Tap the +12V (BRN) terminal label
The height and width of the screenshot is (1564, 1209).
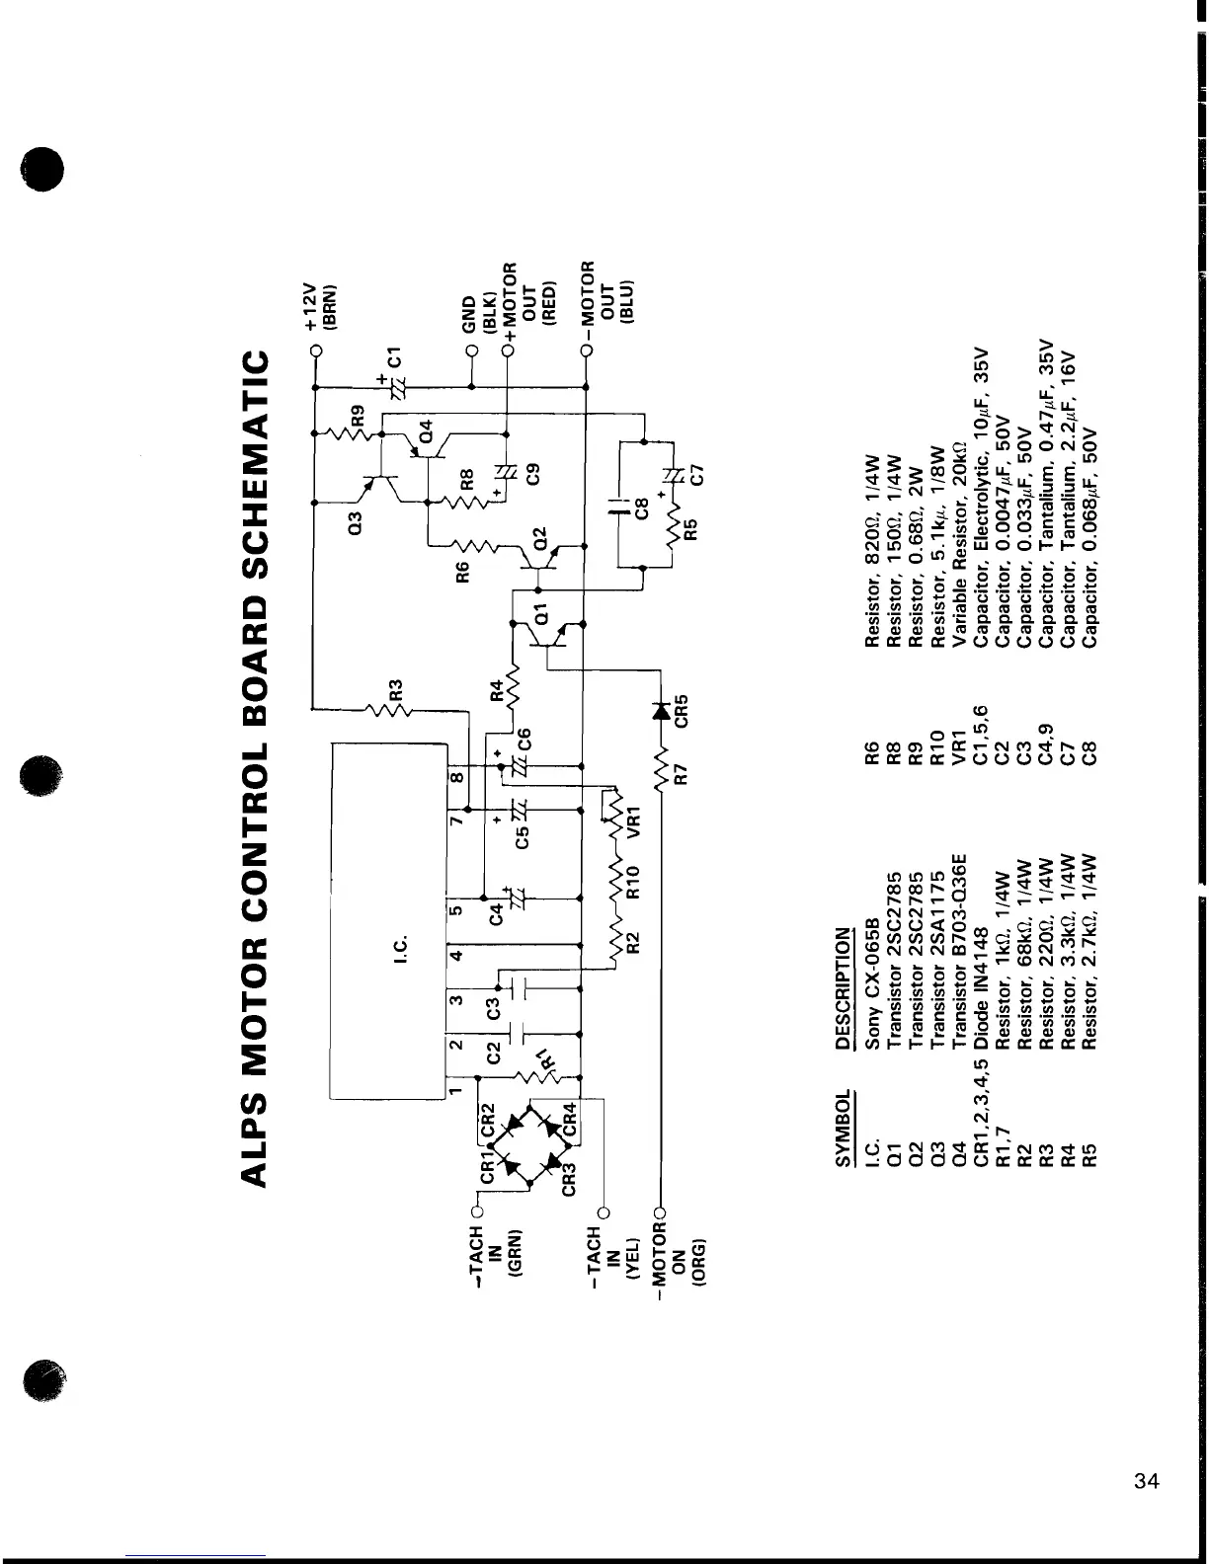pos(318,307)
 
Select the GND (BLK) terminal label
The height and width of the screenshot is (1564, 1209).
pos(476,318)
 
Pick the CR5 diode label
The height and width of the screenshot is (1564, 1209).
pos(680,708)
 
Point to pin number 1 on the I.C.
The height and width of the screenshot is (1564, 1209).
pos(455,1090)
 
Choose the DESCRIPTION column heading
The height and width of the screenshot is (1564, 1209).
pos(844,987)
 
